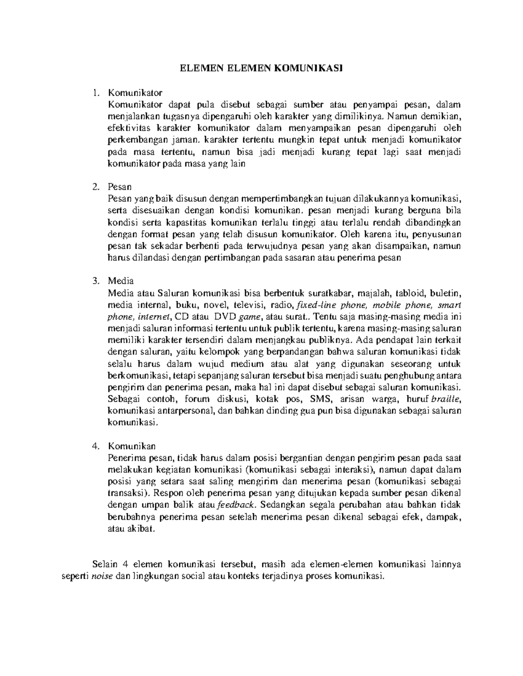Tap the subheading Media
point(121,281)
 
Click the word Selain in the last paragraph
point(105,564)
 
